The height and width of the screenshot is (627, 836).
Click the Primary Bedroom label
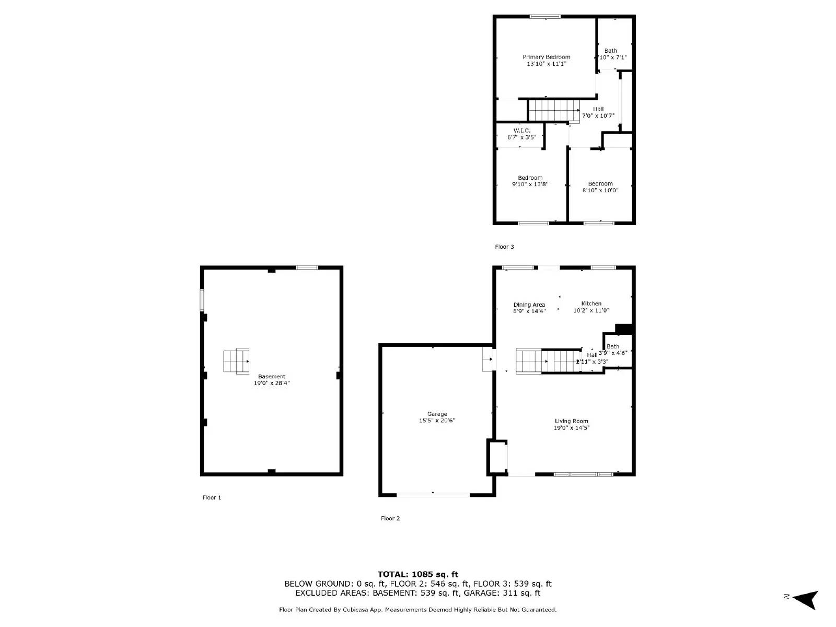[547, 57]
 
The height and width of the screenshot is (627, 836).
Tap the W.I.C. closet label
[521, 131]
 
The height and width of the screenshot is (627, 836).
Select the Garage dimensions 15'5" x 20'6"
[437, 421]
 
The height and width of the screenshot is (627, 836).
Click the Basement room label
[272, 376]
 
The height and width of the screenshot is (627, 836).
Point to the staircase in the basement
[236, 361]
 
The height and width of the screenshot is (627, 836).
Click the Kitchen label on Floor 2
[591, 304]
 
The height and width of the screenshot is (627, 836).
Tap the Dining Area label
[529, 305]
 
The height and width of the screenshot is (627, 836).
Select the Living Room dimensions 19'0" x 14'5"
[572, 428]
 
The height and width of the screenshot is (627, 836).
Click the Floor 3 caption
[505, 247]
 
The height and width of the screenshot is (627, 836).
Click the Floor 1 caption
[212, 497]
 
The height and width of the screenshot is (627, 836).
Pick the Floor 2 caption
[390, 518]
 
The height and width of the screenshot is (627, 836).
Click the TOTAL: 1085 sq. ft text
[418, 574]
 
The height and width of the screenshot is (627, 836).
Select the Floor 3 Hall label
[598, 109]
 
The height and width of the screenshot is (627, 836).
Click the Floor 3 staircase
[554, 111]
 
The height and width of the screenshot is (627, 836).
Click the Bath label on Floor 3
[611, 51]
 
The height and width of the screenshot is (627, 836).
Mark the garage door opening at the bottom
[433, 494]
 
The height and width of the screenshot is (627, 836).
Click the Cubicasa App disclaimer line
[418, 610]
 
